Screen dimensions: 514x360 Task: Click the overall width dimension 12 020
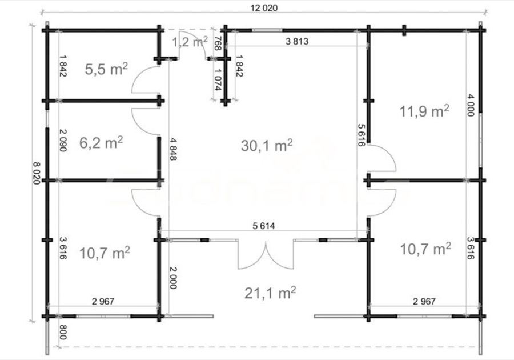pos(264,8)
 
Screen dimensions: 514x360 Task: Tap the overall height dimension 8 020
pos(36,173)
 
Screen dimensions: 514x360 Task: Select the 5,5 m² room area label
pos(106,69)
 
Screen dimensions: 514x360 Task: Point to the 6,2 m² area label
pos(101,143)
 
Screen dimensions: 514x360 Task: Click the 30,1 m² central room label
pos(267,145)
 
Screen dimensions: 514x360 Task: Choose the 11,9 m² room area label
pos(424,111)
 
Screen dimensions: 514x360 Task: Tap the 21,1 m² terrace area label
pos(270,293)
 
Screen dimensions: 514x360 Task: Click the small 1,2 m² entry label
pos(190,42)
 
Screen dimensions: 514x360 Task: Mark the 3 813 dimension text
pos(297,41)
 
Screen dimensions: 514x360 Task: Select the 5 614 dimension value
pos(264,226)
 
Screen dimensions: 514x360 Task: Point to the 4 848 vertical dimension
pos(173,149)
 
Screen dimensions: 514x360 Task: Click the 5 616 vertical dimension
pos(362,135)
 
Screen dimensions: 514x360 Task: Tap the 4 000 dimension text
pos(471,105)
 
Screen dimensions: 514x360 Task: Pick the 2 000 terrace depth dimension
pos(173,278)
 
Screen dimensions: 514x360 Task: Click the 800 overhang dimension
pos(63,332)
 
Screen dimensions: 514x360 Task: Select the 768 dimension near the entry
pos(217,43)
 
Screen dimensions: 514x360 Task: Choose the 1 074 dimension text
pos(218,79)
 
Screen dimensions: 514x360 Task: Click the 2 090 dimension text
pos(63,141)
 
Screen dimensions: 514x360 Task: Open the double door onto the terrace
pos(265,254)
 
